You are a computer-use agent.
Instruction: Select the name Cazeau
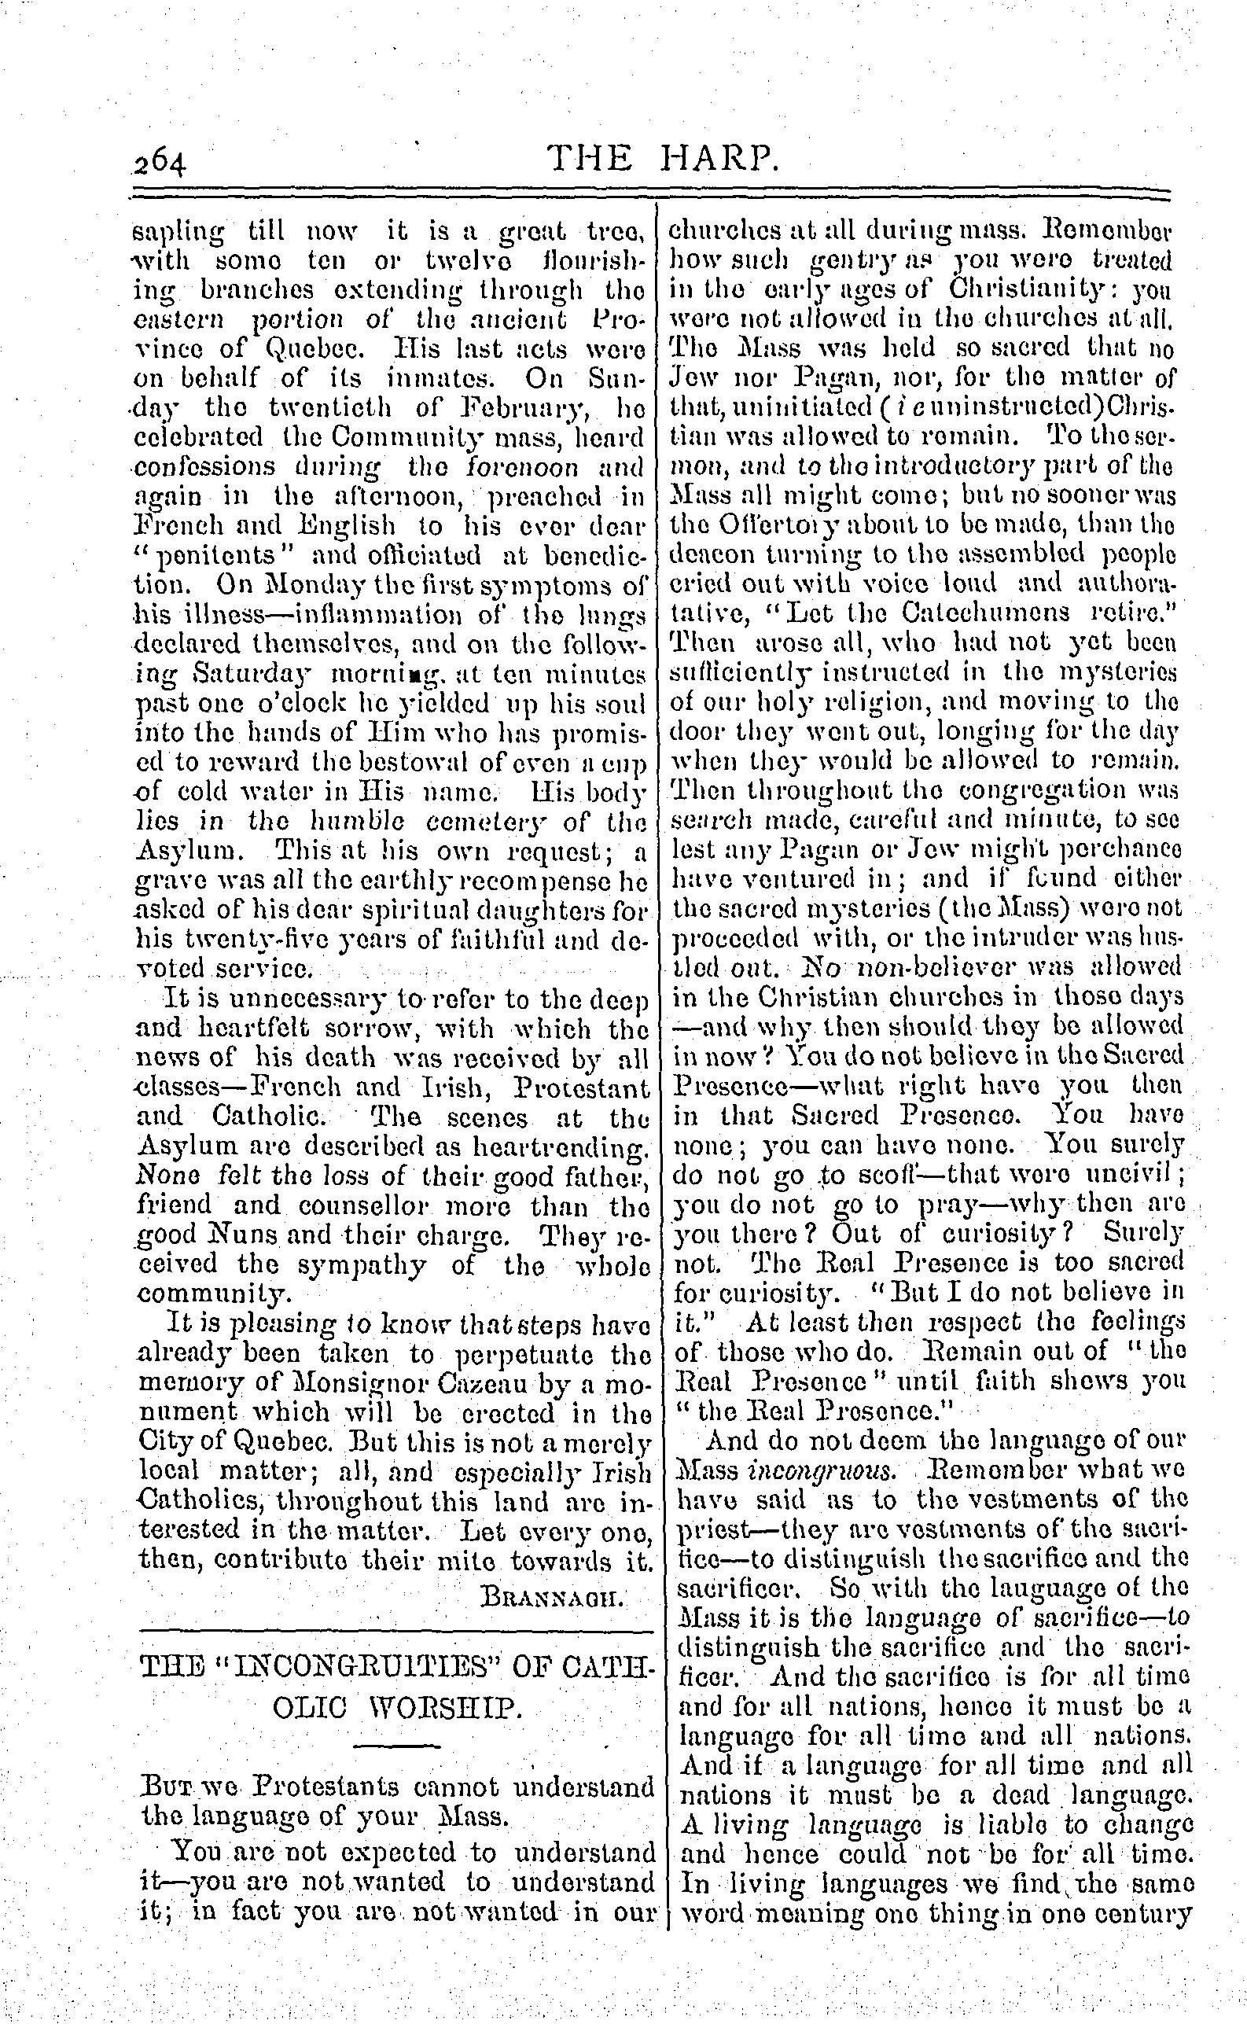point(429,1385)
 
